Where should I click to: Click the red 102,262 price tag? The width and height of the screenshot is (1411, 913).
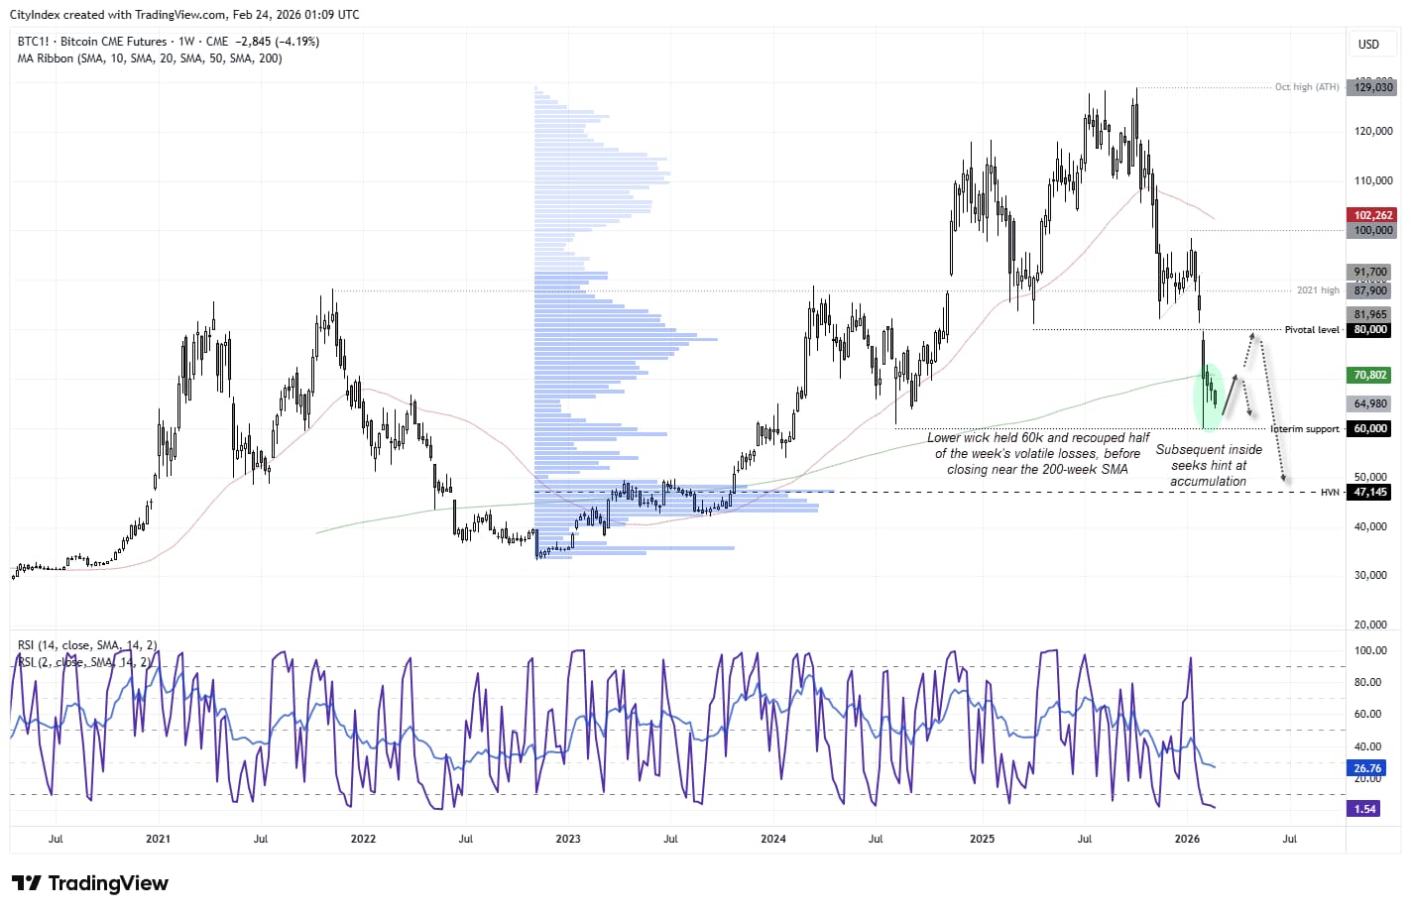1372,215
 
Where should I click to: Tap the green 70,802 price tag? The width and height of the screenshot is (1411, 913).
1370,375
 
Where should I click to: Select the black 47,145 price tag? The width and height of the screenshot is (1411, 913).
1370,492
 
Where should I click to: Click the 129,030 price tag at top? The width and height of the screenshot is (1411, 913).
1373,87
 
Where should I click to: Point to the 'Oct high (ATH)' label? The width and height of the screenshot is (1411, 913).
1306,87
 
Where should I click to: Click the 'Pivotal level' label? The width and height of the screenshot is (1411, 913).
1311,330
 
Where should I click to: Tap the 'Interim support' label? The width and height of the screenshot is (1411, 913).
1305,429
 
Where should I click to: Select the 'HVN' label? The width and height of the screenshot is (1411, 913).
1330,493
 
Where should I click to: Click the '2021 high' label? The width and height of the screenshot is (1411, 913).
1318,290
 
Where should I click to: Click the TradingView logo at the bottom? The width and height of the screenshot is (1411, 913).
90,883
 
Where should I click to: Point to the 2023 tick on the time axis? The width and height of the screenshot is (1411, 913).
568,839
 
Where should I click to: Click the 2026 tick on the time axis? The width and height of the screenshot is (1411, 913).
1187,839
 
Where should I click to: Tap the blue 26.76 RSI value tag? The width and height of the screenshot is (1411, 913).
1367,768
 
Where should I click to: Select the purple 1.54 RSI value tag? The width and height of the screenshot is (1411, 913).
1365,809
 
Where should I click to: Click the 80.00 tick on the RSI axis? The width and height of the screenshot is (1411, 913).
1370,682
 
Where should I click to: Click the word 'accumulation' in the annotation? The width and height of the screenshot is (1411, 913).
1208,482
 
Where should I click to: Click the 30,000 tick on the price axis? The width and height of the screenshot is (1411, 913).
1370,575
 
